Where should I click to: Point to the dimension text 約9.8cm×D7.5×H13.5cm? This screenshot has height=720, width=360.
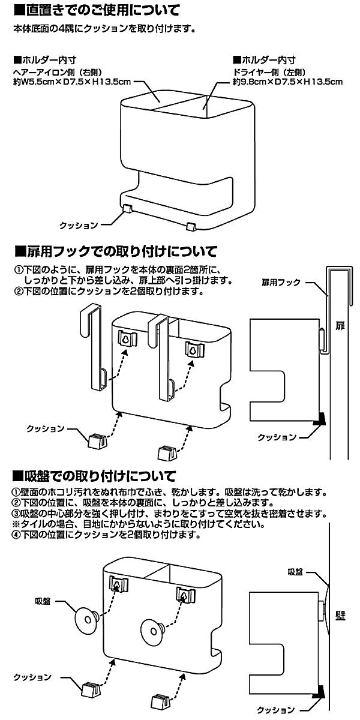[287, 81]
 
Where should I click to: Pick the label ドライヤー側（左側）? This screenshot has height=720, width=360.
[264, 71]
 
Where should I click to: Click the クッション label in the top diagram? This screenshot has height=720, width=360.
[78, 225]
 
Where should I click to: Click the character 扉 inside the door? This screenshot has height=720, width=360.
[340, 327]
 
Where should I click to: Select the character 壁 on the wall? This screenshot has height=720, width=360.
[340, 616]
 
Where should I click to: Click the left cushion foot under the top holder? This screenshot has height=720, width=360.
[127, 208]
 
